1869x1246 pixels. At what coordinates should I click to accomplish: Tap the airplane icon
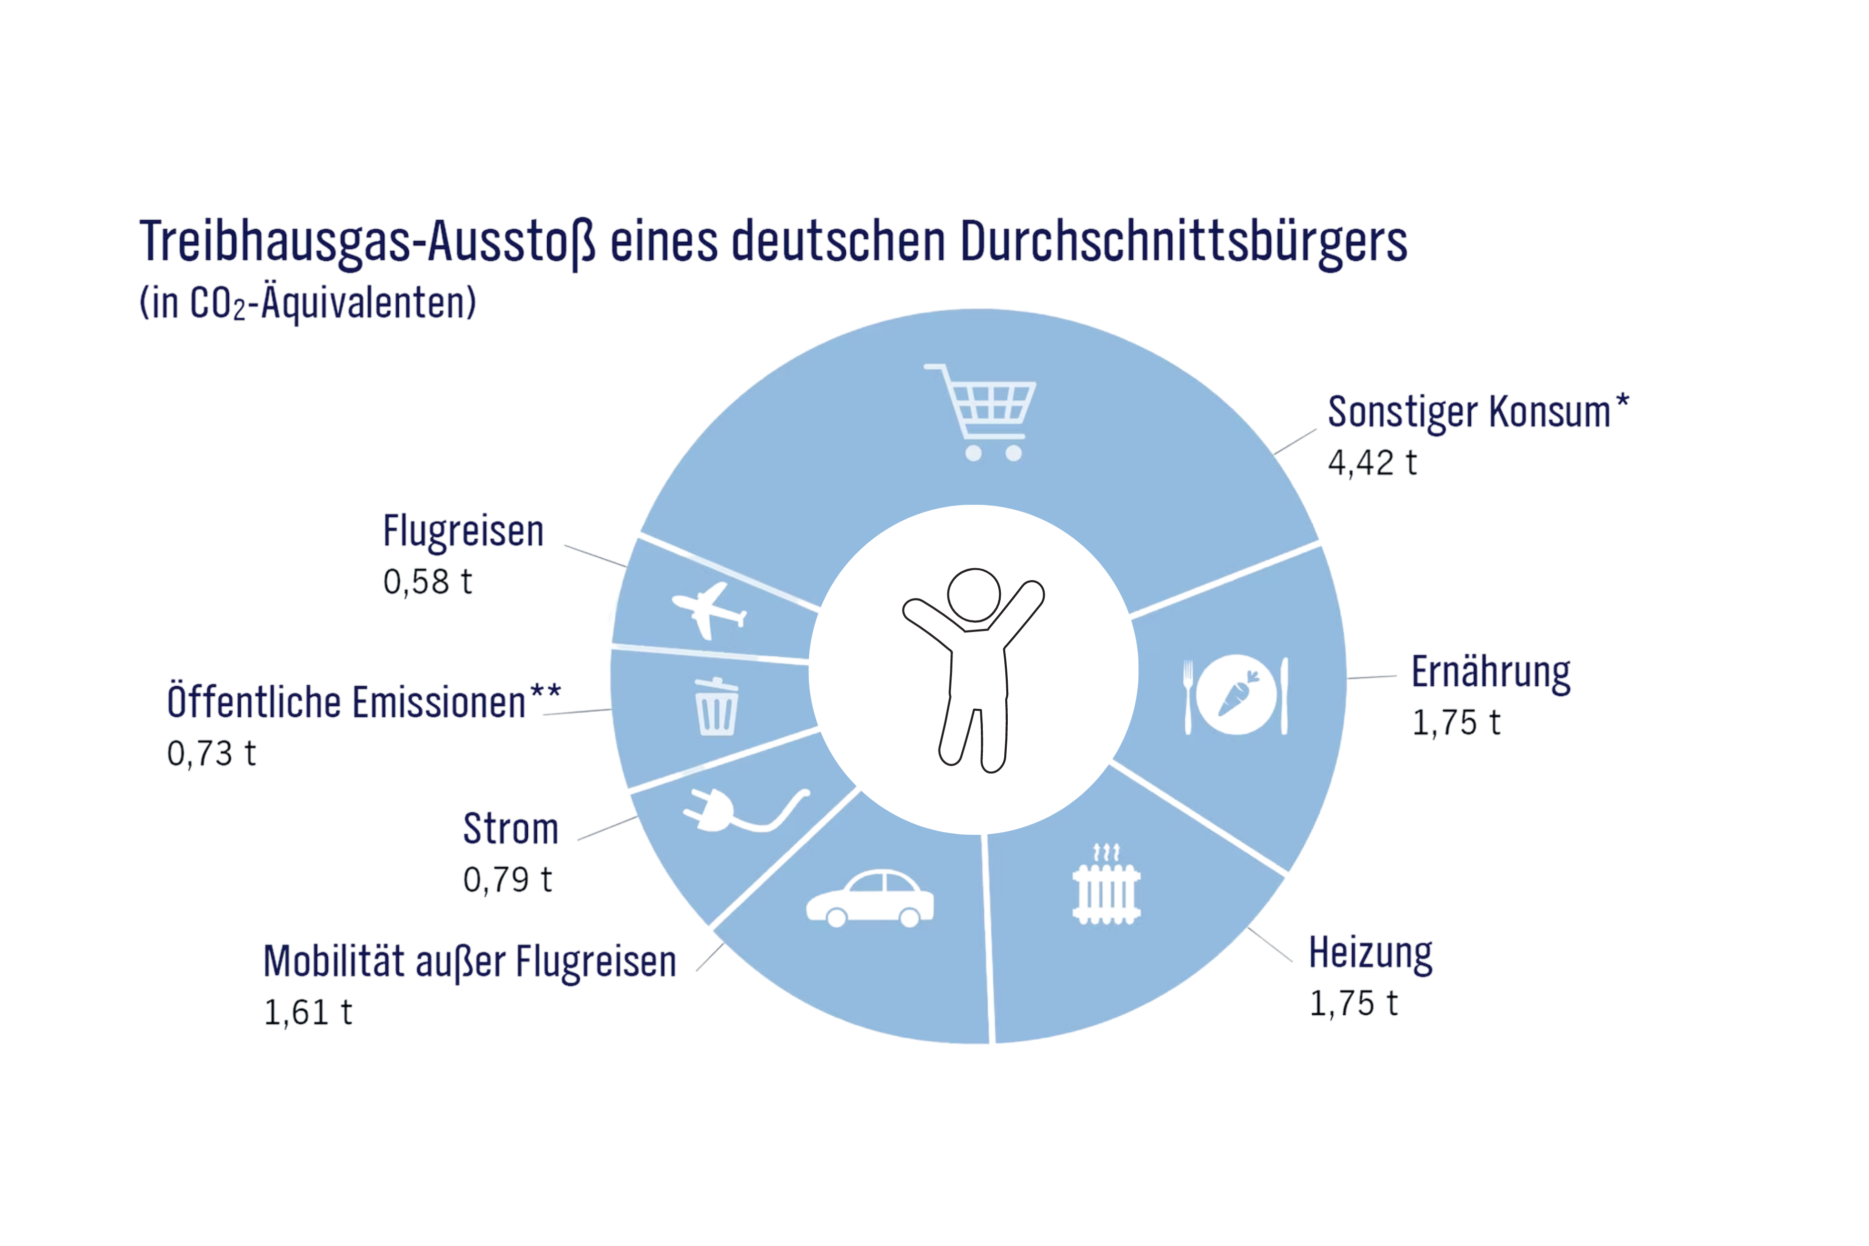(708, 610)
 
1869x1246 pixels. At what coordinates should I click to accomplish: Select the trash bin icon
(716, 706)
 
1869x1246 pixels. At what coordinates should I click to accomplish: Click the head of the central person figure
(974, 595)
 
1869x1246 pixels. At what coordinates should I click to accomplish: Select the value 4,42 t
(1373, 463)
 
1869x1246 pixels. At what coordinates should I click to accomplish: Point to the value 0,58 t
(428, 582)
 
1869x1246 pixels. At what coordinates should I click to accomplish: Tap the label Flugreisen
(464, 532)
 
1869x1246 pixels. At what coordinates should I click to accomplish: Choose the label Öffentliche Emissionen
(346, 702)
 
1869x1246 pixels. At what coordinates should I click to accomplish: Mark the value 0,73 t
(211, 753)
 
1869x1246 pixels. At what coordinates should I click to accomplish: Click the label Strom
(511, 829)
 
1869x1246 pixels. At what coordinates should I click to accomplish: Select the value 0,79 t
(508, 880)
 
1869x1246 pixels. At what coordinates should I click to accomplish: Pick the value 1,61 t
(308, 1012)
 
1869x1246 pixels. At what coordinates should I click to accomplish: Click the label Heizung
(1371, 953)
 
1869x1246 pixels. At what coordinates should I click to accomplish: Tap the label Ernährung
(1491, 673)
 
